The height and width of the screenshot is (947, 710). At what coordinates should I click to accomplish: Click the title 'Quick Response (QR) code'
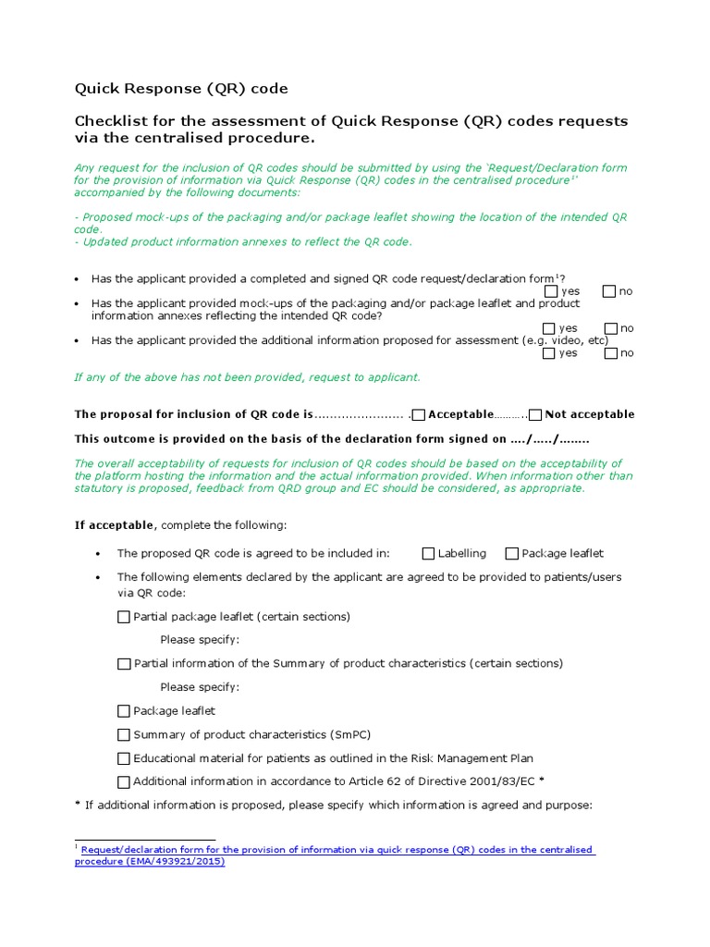[x=181, y=89]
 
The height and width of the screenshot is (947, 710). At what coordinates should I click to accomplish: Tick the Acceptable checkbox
[x=419, y=414]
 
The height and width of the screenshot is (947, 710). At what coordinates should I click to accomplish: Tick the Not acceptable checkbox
[x=535, y=414]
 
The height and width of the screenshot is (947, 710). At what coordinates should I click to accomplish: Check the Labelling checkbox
[x=428, y=554]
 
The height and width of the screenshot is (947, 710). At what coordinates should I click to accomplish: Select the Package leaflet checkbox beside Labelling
[x=511, y=554]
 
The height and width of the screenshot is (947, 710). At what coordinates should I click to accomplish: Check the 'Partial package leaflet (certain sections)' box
[x=124, y=617]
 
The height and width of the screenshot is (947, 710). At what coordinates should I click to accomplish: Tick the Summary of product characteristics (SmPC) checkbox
[x=124, y=735]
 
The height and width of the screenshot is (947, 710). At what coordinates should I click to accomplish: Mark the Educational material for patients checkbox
[x=124, y=758]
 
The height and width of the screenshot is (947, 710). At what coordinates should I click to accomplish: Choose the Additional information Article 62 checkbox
[x=124, y=781]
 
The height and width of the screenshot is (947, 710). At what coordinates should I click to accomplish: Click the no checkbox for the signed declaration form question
[x=608, y=291]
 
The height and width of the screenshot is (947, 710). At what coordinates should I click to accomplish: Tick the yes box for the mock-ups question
[x=549, y=328]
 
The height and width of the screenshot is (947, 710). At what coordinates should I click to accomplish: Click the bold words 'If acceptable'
[x=114, y=525]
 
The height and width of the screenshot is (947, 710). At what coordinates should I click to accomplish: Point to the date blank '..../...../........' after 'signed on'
[x=550, y=439]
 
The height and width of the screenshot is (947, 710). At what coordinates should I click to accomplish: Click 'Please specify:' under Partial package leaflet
[x=200, y=640]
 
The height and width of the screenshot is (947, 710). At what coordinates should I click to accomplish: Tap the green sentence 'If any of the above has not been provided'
[x=247, y=377]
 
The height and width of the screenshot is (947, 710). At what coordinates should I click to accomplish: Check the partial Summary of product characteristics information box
[x=124, y=664]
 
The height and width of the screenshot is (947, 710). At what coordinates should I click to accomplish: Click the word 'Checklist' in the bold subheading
[x=110, y=121]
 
